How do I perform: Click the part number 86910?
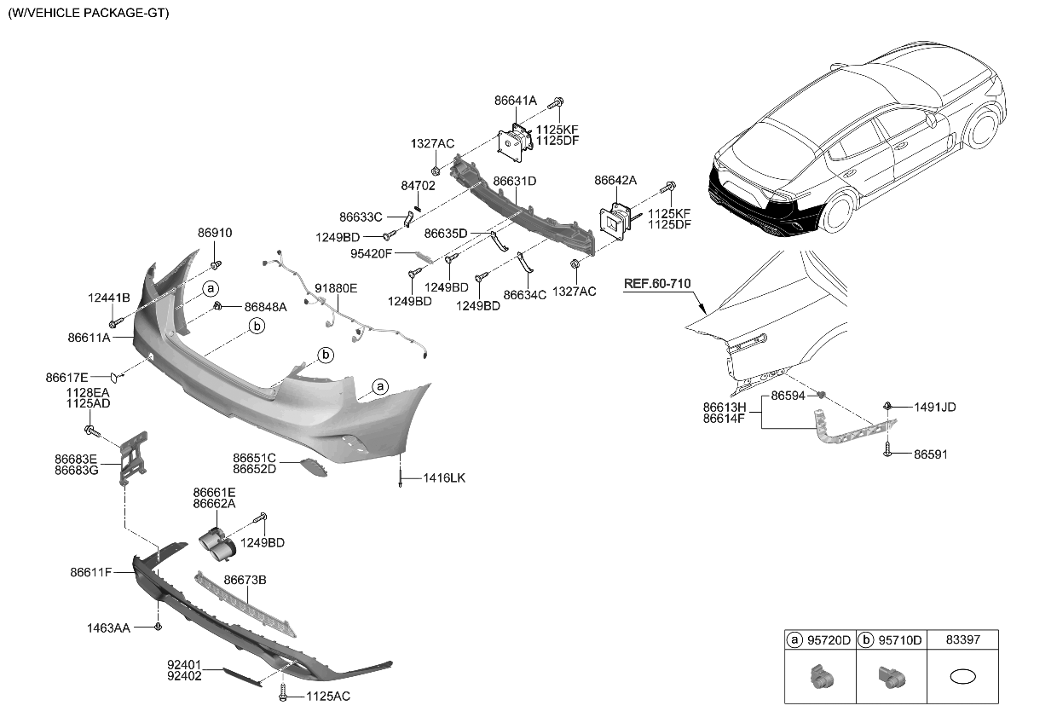(215, 233)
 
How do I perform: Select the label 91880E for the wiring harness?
(336, 288)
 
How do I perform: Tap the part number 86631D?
(515, 181)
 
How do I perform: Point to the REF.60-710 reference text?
(656, 284)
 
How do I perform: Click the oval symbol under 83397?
(963, 678)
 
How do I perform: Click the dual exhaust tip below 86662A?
(217, 545)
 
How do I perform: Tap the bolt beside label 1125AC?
(283, 695)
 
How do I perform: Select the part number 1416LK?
(444, 478)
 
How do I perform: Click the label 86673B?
(245, 580)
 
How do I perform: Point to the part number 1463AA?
(108, 628)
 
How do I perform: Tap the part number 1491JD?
(935, 408)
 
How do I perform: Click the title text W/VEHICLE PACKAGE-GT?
(89, 14)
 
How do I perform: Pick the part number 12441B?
(108, 298)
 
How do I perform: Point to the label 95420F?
(371, 253)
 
